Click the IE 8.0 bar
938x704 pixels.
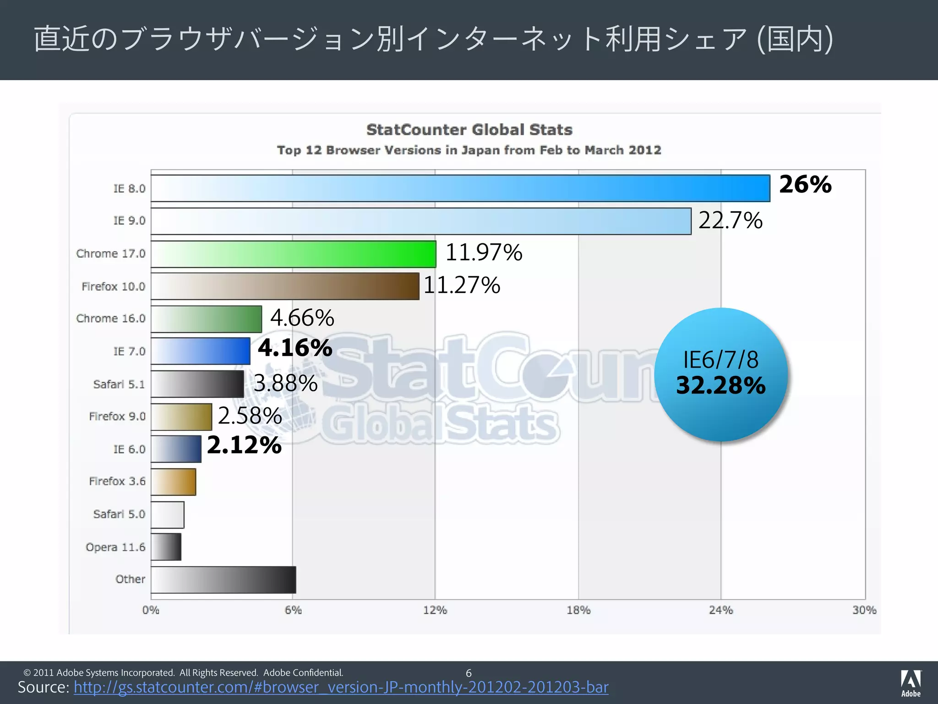[x=460, y=188]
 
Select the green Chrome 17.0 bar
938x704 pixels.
[x=293, y=254]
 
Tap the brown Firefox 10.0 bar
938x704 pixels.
[x=285, y=286]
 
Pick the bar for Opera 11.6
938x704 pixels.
[x=166, y=547]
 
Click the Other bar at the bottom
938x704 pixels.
[x=223, y=580]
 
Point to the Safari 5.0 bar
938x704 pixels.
[x=167, y=515]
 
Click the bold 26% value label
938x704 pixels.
[x=805, y=184]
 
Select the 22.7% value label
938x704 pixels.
[x=730, y=220]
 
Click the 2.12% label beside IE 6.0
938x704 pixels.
[x=244, y=445]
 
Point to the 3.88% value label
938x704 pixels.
[x=285, y=383]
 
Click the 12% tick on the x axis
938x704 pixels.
[x=435, y=610]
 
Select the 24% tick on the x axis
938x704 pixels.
[x=720, y=610]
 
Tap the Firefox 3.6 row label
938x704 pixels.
[x=117, y=481]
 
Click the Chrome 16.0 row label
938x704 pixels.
[x=111, y=319]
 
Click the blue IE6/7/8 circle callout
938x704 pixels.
[x=721, y=374]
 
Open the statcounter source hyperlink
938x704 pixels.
[x=341, y=687]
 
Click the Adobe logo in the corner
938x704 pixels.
[x=911, y=683]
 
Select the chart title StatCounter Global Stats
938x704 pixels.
[x=469, y=130]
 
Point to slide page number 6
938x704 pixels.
[x=469, y=673]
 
